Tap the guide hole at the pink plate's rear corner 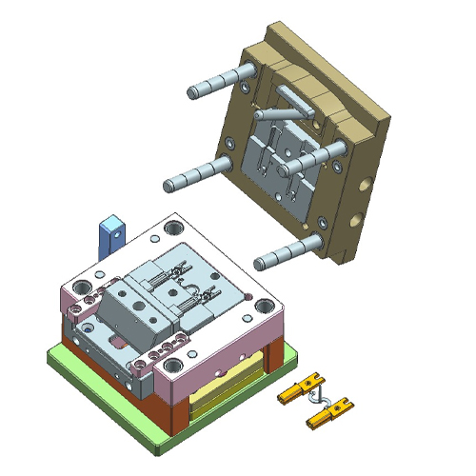tap(174, 228)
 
